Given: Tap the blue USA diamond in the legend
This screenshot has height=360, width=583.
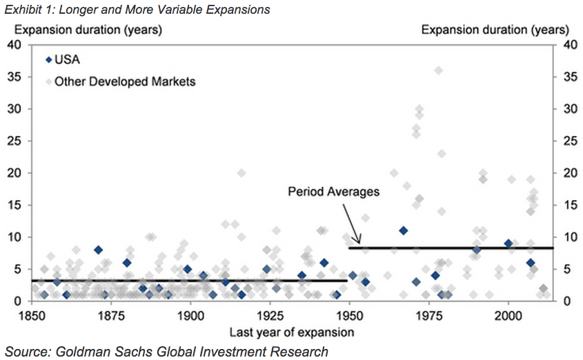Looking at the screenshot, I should (48, 59).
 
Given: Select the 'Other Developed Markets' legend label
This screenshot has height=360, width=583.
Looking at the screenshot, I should (125, 81).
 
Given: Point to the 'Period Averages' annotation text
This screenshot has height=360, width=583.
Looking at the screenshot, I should (333, 192).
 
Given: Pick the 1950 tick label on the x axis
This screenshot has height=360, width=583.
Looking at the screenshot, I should (349, 315).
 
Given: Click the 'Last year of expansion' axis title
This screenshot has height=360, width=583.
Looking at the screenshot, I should (293, 332).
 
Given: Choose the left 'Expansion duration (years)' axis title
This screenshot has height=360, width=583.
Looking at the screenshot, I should (88, 30).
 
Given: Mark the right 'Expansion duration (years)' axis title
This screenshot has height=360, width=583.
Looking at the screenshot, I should (495, 30).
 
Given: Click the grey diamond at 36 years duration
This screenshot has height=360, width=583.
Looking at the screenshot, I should (438, 70).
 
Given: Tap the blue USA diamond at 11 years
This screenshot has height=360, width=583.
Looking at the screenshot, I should (404, 230).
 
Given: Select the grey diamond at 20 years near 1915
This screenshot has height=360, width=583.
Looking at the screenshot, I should (241, 173).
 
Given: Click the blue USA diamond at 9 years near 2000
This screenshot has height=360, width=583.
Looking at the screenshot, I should (508, 243).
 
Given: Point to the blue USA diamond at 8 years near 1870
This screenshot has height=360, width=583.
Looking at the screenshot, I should (99, 250).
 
